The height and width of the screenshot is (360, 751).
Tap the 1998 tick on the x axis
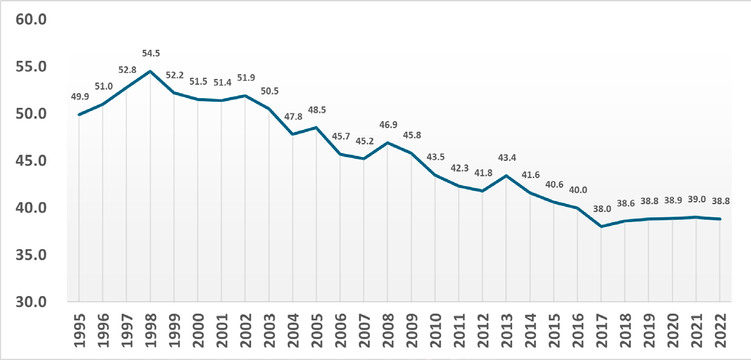pyautogui.click(x=150, y=331)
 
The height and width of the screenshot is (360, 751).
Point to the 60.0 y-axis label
pyautogui.click(x=31, y=20)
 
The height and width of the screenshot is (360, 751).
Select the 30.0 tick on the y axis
pyautogui.click(x=31, y=302)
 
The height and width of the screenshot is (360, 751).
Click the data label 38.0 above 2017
pyautogui.click(x=601, y=209)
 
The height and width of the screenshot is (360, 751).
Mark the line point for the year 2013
pyautogui.click(x=506, y=176)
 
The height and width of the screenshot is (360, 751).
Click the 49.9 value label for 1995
pyautogui.click(x=79, y=96)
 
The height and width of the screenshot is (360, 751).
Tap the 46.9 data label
pyautogui.click(x=388, y=125)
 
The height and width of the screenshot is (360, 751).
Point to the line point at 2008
pyautogui.click(x=388, y=143)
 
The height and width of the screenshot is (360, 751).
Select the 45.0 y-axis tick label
pyautogui.click(x=31, y=161)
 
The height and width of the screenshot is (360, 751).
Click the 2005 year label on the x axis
pyautogui.click(x=316, y=331)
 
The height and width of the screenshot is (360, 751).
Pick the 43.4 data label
pyautogui.click(x=506, y=158)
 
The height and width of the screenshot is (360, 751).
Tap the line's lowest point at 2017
pyautogui.click(x=601, y=226)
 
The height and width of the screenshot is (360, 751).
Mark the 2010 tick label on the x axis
pyautogui.click(x=435, y=331)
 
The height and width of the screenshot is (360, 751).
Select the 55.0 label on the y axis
pyautogui.click(x=31, y=67)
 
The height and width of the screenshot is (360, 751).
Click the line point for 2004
pyautogui.click(x=292, y=134)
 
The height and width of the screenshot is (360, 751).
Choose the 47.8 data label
pyautogui.click(x=292, y=117)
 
